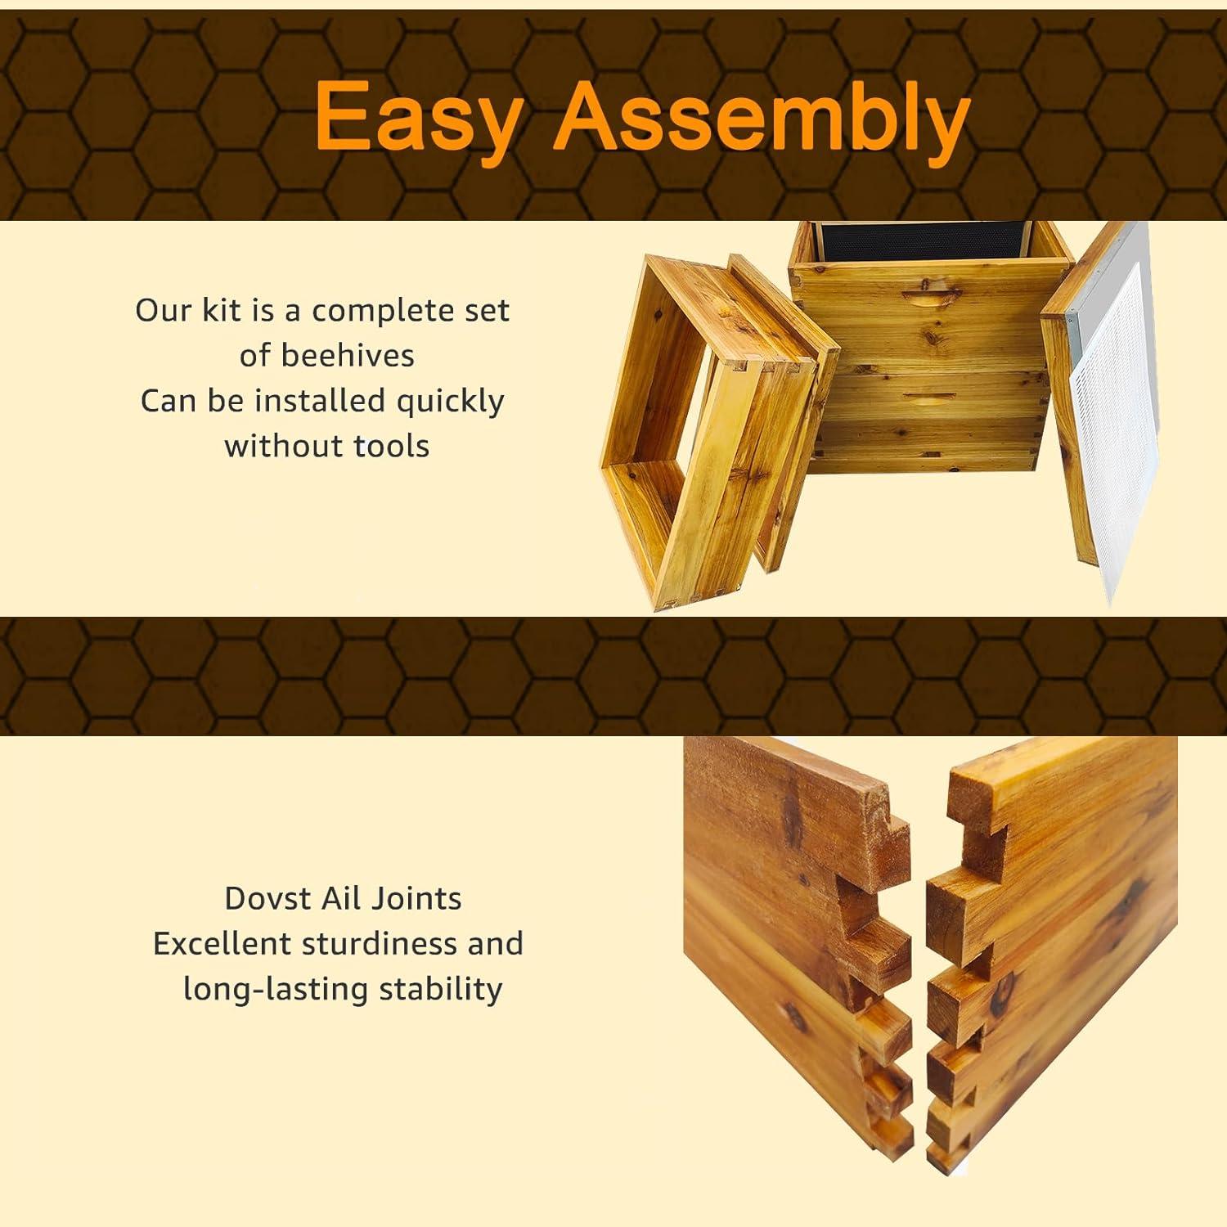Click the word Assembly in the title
click(762, 119)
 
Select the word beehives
click(348, 355)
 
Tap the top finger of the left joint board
click(879, 826)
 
